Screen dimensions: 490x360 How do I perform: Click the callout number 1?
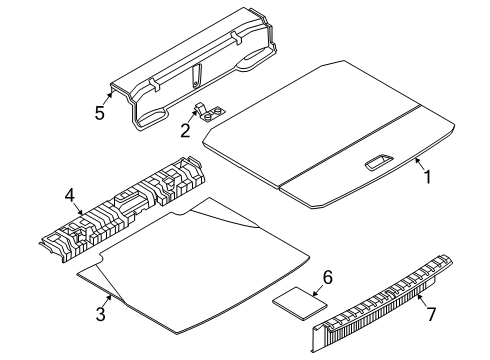pyautogui.click(x=427, y=177)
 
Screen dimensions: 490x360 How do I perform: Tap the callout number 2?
pyautogui.click(x=185, y=130)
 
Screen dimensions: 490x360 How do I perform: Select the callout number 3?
pyautogui.click(x=101, y=314)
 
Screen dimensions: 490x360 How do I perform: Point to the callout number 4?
pyautogui.click(x=70, y=195)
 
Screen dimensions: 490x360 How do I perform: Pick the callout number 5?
pyautogui.click(x=100, y=113)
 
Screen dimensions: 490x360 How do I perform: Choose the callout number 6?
pyautogui.click(x=328, y=277)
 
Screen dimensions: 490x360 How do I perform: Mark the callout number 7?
pyautogui.click(x=431, y=314)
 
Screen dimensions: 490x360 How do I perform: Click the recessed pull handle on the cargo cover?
pyautogui.click(x=379, y=162)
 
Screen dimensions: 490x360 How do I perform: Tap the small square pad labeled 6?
pyautogui.click(x=300, y=304)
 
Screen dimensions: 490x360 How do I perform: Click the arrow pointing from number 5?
pyautogui.click(x=108, y=99)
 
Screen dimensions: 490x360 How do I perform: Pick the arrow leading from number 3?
pyautogui.click(x=108, y=301)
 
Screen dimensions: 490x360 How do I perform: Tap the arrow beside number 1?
pyautogui.click(x=419, y=163)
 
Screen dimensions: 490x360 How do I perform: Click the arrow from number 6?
pyautogui.click(x=318, y=291)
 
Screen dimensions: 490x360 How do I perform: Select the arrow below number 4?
pyautogui.click(x=78, y=209)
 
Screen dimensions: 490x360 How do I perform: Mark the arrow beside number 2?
pyautogui.click(x=193, y=116)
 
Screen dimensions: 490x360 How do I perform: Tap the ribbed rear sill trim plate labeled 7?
pyautogui.click(x=382, y=303)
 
